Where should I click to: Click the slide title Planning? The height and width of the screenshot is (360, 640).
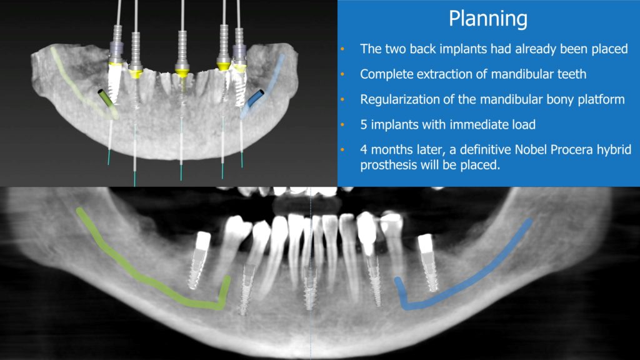pyautogui.click(x=488, y=19)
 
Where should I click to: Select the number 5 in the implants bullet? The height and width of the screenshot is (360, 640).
pyautogui.click(x=364, y=124)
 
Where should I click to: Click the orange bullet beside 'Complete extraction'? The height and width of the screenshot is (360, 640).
pyautogui.click(x=342, y=74)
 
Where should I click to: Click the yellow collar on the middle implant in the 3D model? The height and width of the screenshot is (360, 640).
pyautogui.click(x=182, y=72)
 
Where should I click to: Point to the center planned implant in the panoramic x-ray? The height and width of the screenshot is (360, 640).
pyautogui.click(x=310, y=287)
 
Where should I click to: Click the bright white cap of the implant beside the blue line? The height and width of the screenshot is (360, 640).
pyautogui.click(x=425, y=243)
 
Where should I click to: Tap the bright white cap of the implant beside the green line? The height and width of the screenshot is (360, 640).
pyautogui.click(x=202, y=241)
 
